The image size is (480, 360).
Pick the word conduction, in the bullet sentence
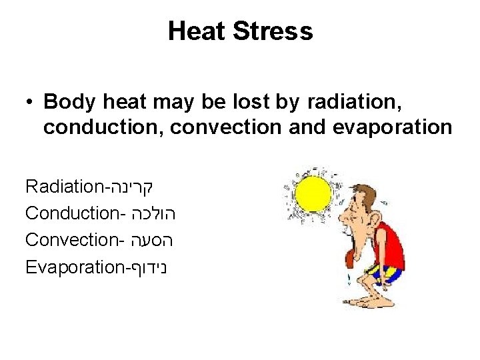pyautogui.click(x=103, y=127)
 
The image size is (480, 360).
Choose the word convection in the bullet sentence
pyautogui.click(x=226, y=127)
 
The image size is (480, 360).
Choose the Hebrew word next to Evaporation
pyautogui.click(x=147, y=267)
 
